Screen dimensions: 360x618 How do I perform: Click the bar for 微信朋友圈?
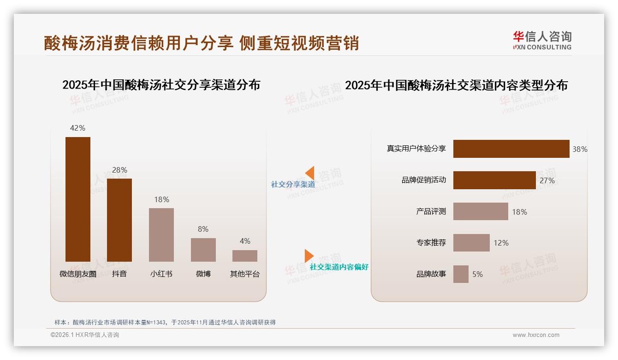[78, 199]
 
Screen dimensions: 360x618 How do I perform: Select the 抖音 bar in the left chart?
[119, 220]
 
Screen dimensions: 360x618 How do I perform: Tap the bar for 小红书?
[161, 235]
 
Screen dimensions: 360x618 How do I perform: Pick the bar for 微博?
[203, 250]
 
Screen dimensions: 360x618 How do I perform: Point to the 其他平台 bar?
[245, 256]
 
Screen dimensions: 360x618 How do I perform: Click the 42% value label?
[78, 128]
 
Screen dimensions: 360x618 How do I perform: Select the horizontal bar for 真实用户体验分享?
[511, 149]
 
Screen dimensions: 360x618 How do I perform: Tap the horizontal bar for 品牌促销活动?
[494, 180]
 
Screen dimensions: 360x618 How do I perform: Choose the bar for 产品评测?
[481, 211]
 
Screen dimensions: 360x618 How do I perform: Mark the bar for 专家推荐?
[471, 243]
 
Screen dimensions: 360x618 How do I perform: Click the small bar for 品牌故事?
[461, 274]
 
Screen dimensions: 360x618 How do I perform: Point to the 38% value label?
[580, 149]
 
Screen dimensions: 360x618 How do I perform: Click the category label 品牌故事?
[431, 274]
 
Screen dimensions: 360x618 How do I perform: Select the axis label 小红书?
[161, 274]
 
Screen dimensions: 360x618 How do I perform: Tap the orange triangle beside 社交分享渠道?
[310, 173]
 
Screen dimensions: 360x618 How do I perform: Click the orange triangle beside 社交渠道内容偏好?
[309, 256]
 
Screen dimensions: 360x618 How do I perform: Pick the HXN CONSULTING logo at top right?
[542, 41]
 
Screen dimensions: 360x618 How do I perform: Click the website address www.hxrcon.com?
[536, 335]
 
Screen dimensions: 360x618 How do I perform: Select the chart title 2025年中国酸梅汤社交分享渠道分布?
[161, 85]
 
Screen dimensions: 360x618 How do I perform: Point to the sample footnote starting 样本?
[165, 322]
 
